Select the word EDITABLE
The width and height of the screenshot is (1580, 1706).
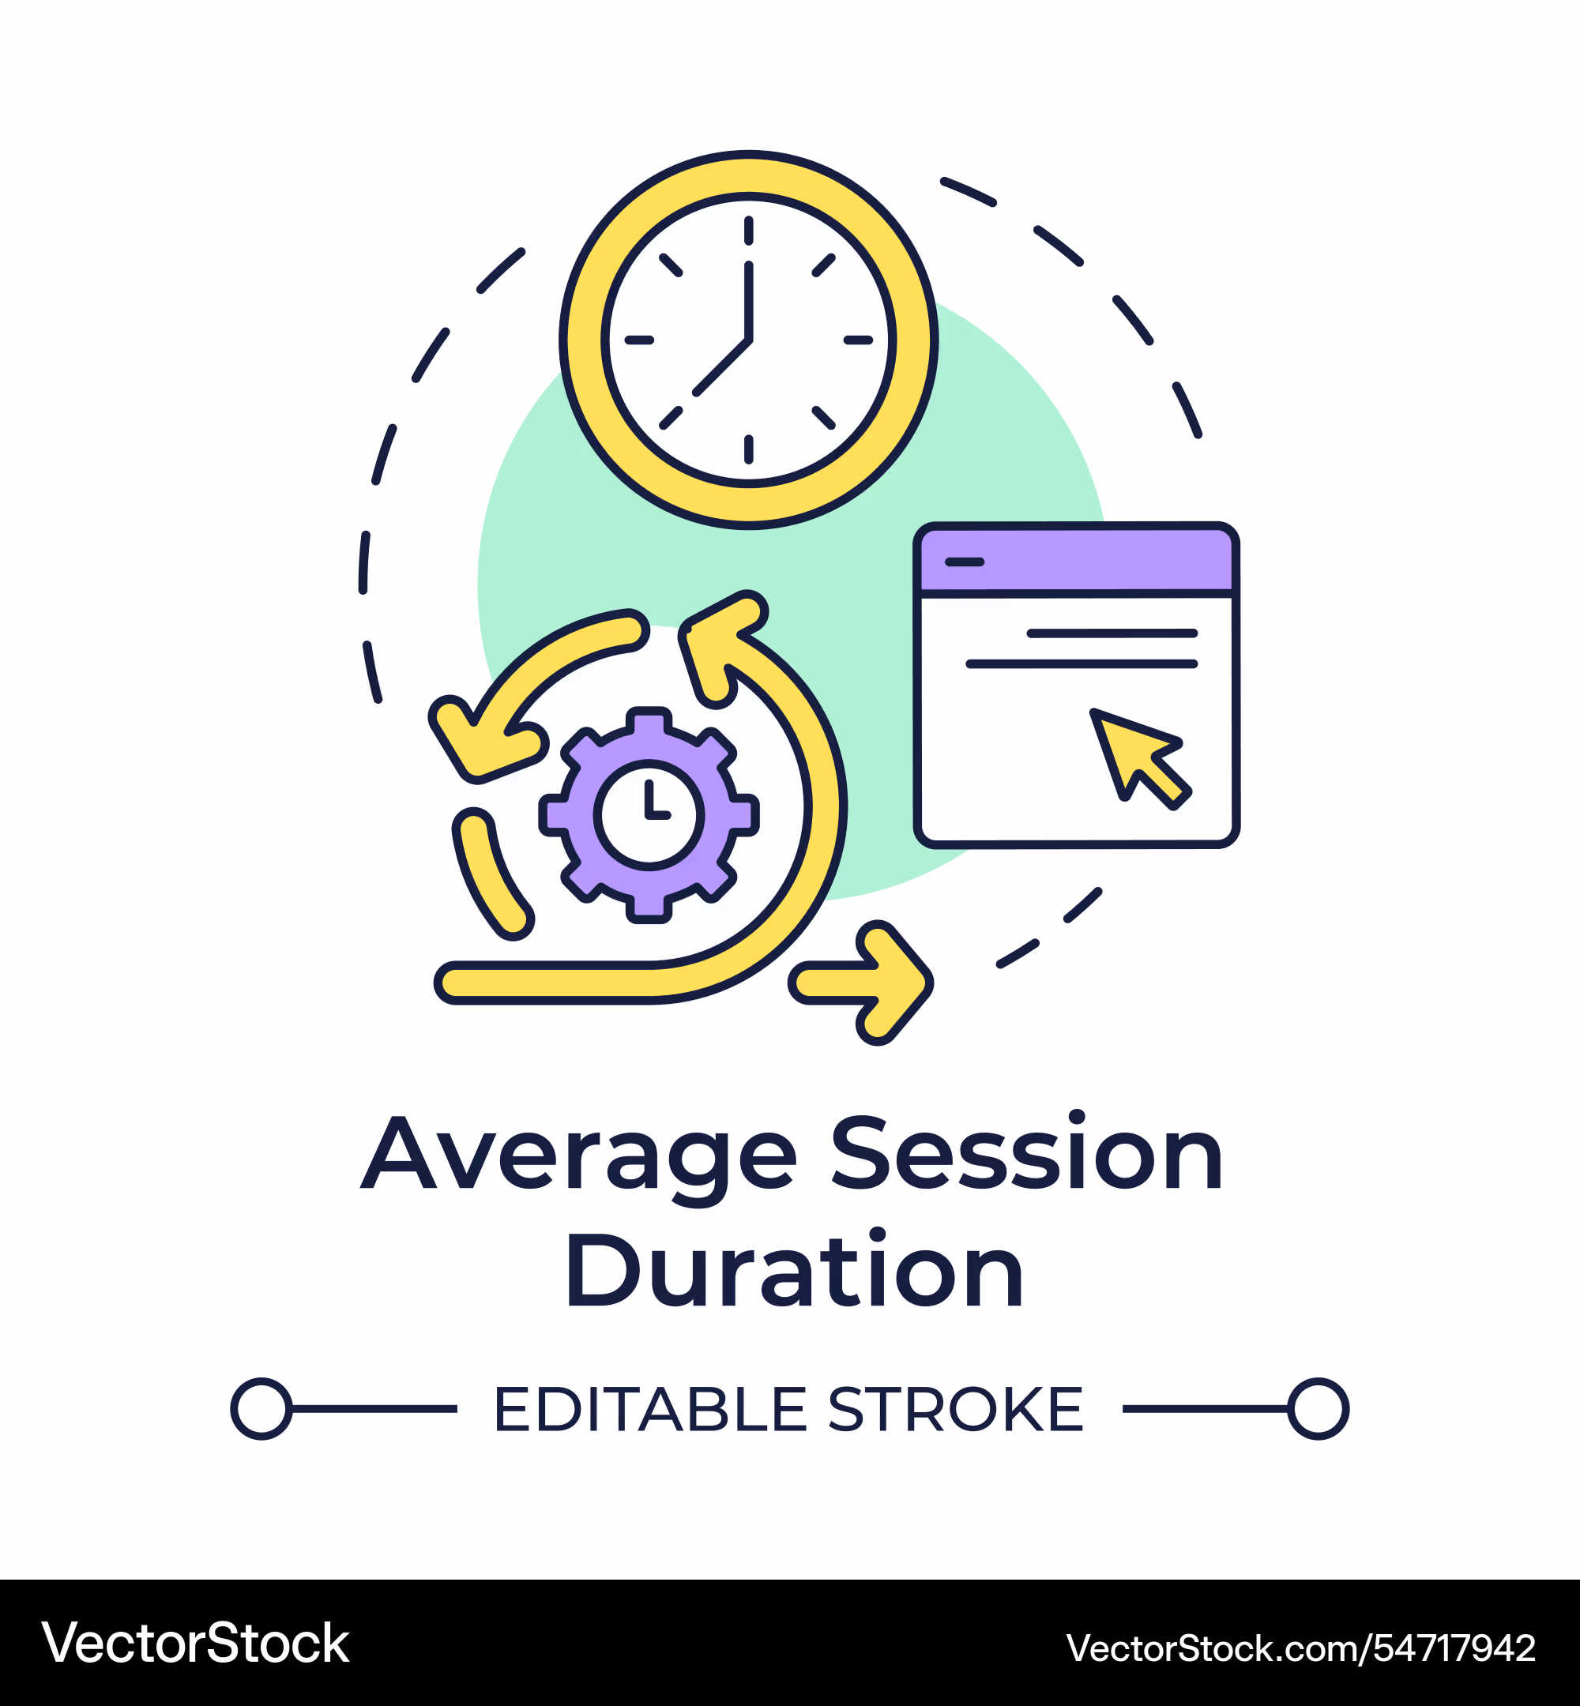pos(651,1409)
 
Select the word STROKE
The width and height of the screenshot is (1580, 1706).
pos(956,1409)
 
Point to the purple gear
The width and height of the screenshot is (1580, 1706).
pos(649,814)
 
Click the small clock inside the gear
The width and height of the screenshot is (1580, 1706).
pos(649,814)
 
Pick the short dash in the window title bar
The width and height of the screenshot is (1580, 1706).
pos(965,562)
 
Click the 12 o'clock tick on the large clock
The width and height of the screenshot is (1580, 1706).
pos(748,231)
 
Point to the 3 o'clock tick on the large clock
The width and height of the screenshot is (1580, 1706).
pos(857,340)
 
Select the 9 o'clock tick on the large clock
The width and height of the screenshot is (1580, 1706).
pos(638,340)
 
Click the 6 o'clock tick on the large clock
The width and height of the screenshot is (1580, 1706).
pos(748,449)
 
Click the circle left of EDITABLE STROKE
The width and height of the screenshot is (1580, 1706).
pos(261,1408)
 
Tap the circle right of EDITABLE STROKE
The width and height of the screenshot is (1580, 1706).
pos(1319,1408)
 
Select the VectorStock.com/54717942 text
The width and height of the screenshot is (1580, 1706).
pos(1300,1648)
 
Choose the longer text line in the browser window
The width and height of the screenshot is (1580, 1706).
pos(1082,663)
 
